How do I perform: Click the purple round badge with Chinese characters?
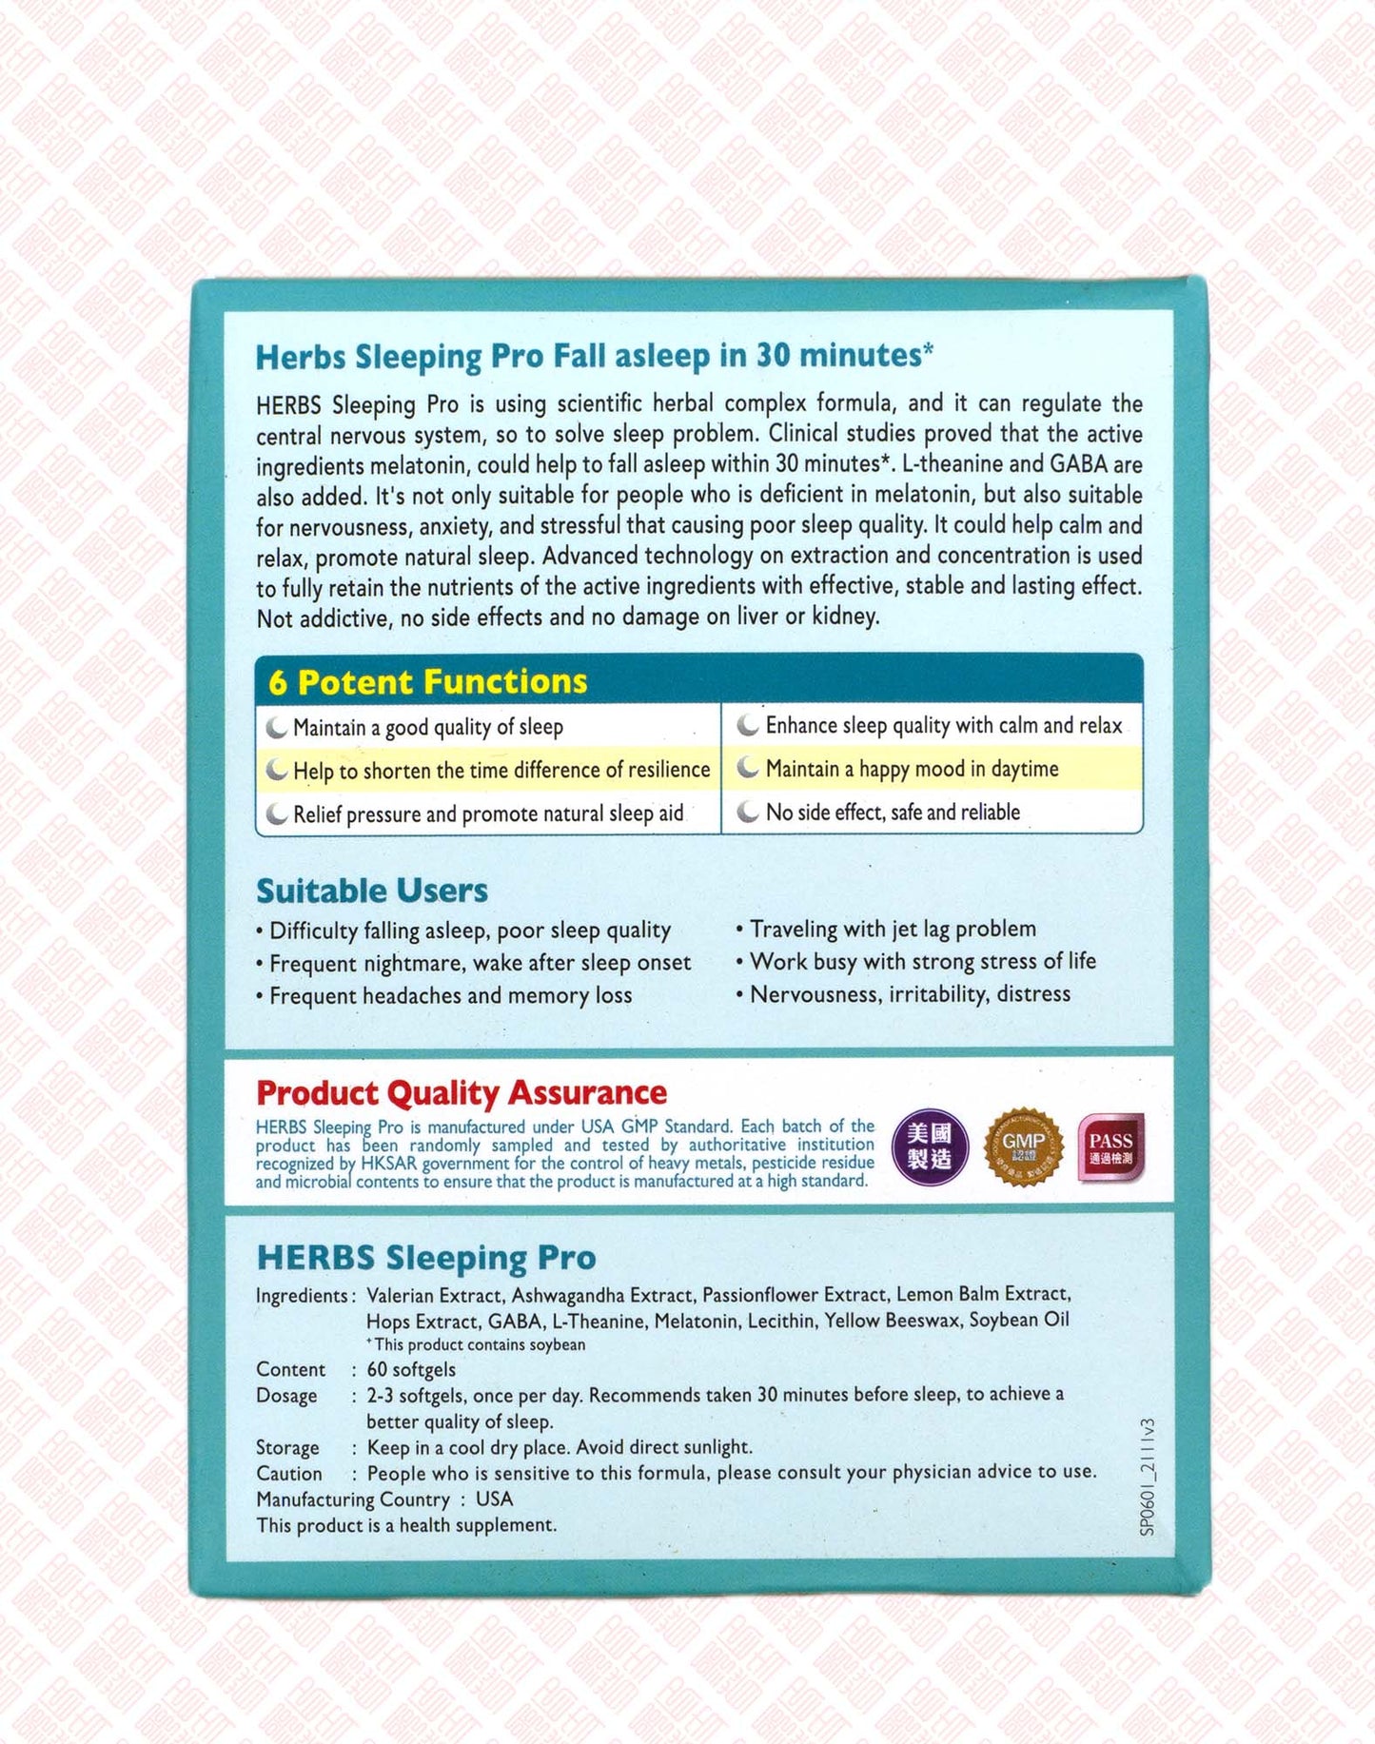(930, 1146)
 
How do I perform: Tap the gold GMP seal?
(1023, 1146)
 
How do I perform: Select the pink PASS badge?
(1110, 1147)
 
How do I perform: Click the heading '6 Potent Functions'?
(427, 681)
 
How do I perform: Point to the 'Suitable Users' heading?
(372, 891)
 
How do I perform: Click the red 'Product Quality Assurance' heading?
(462, 1092)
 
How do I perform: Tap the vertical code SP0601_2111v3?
(1147, 1477)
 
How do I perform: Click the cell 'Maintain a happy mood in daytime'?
(912, 769)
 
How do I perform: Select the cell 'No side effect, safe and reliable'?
(893, 813)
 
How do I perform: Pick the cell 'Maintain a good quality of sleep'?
(427, 728)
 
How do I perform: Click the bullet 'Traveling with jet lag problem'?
(893, 929)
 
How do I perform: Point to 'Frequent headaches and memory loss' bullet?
(450, 996)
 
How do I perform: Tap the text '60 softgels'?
(411, 1369)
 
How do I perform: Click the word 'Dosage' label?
(286, 1396)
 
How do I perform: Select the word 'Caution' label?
(289, 1473)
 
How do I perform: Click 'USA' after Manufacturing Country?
(494, 1499)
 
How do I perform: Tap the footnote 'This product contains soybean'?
(479, 1344)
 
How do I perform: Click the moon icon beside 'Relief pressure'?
(277, 814)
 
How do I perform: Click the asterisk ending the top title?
(928, 350)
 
